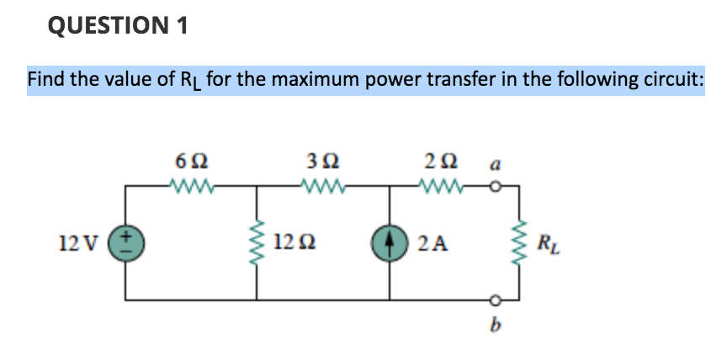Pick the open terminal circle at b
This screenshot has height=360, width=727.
[x=496, y=298]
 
